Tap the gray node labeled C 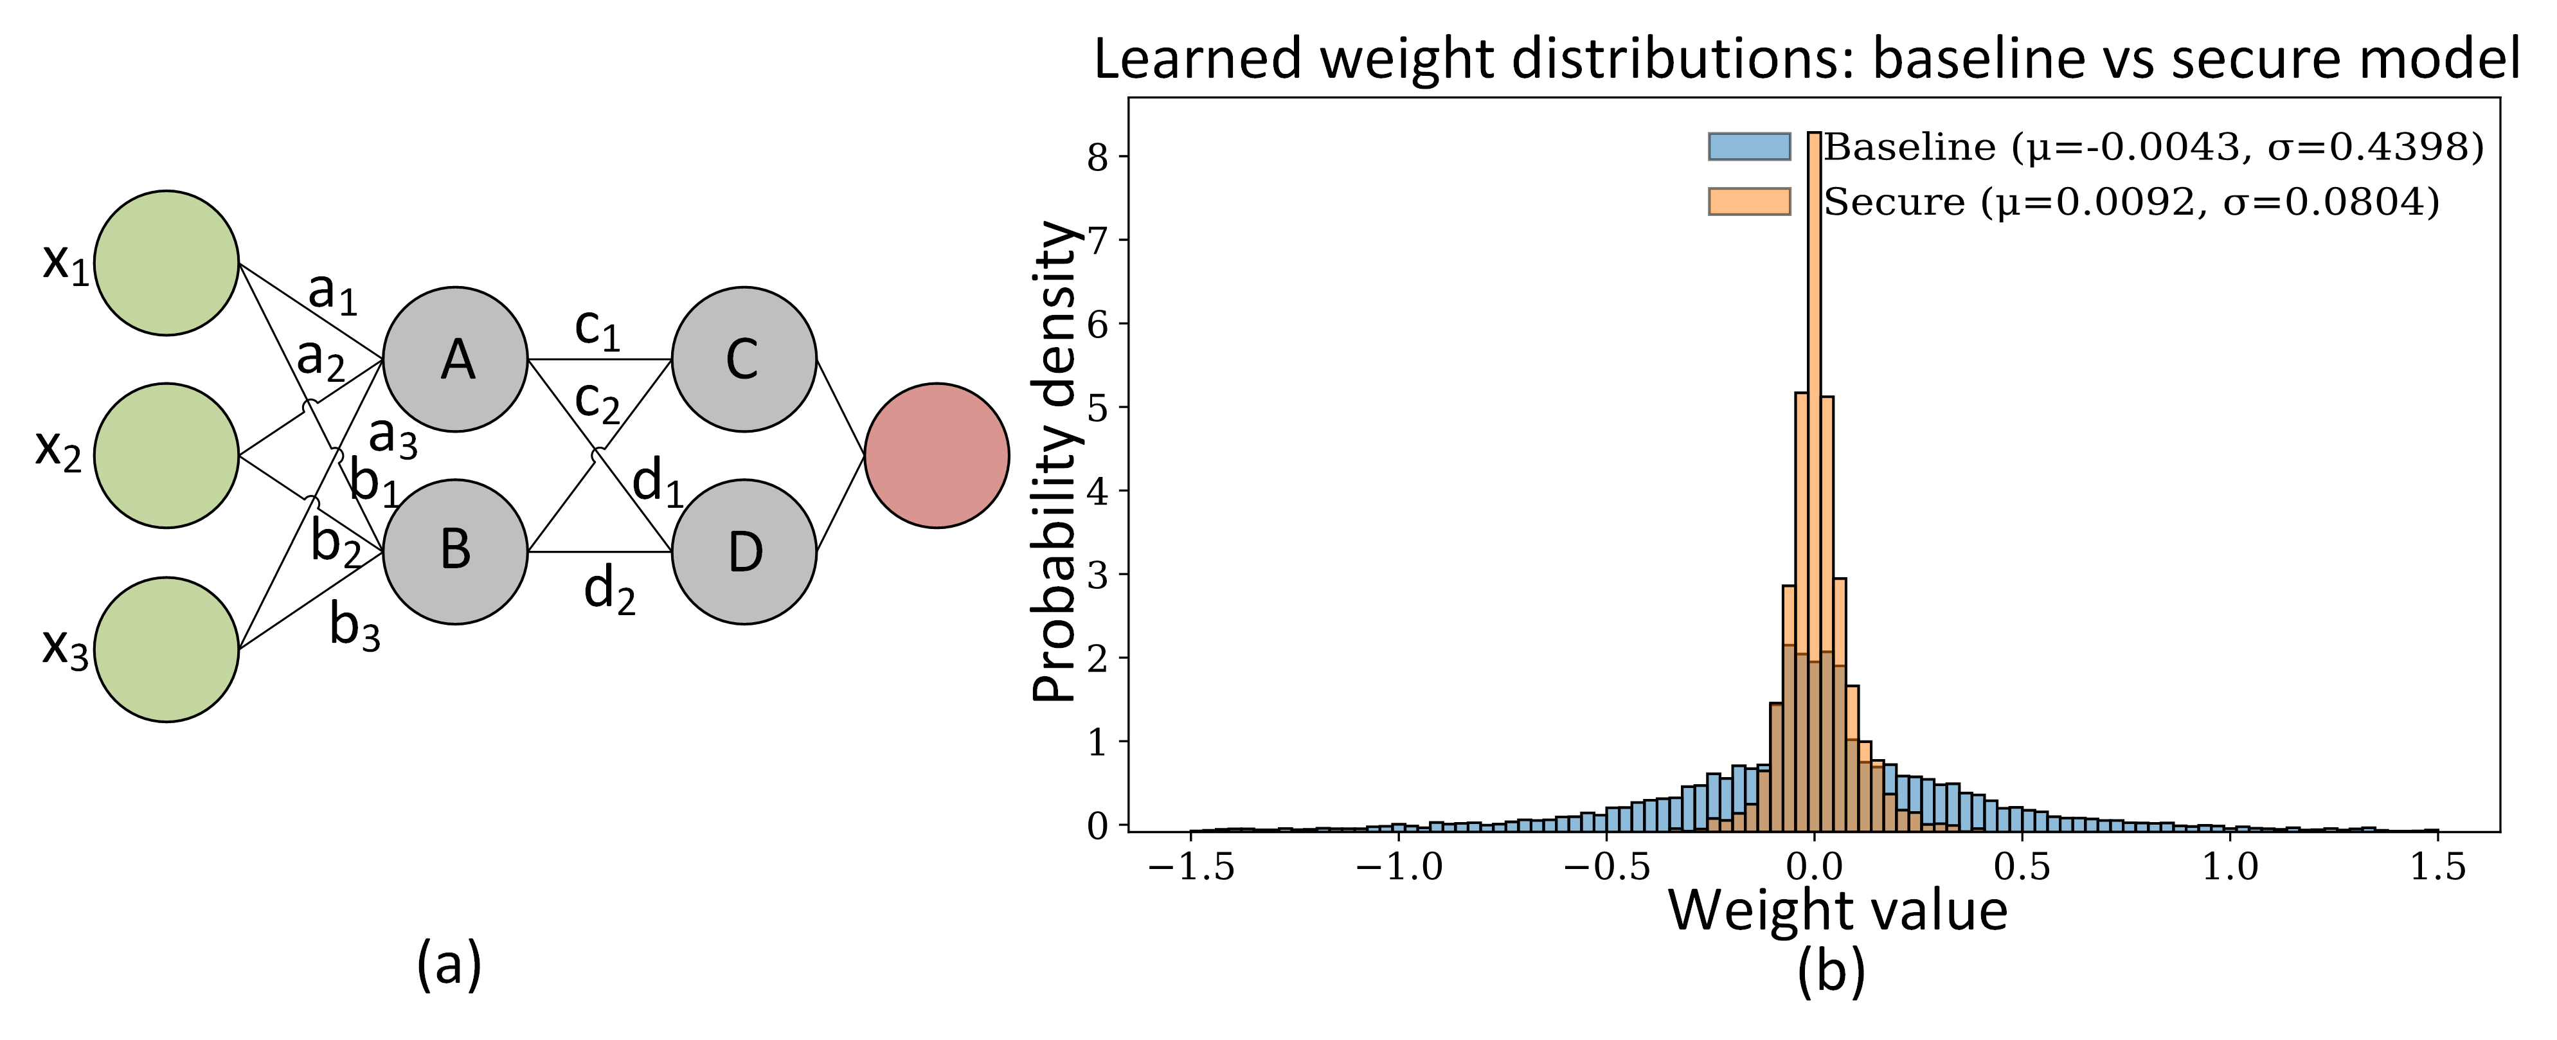pyautogui.click(x=744, y=359)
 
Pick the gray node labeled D pyautogui.click(x=744, y=551)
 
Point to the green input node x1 pyautogui.click(x=166, y=263)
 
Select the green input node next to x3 pyautogui.click(x=166, y=649)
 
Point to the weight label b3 pyautogui.click(x=354, y=627)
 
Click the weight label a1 pyautogui.click(x=332, y=292)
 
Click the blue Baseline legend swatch pyautogui.click(x=1749, y=147)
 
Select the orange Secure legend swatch pyautogui.click(x=1749, y=201)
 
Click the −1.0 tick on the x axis pyautogui.click(x=1399, y=867)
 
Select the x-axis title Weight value pyautogui.click(x=1837, y=910)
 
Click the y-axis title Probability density pyautogui.click(x=1054, y=462)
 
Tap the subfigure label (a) pyautogui.click(x=449, y=965)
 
